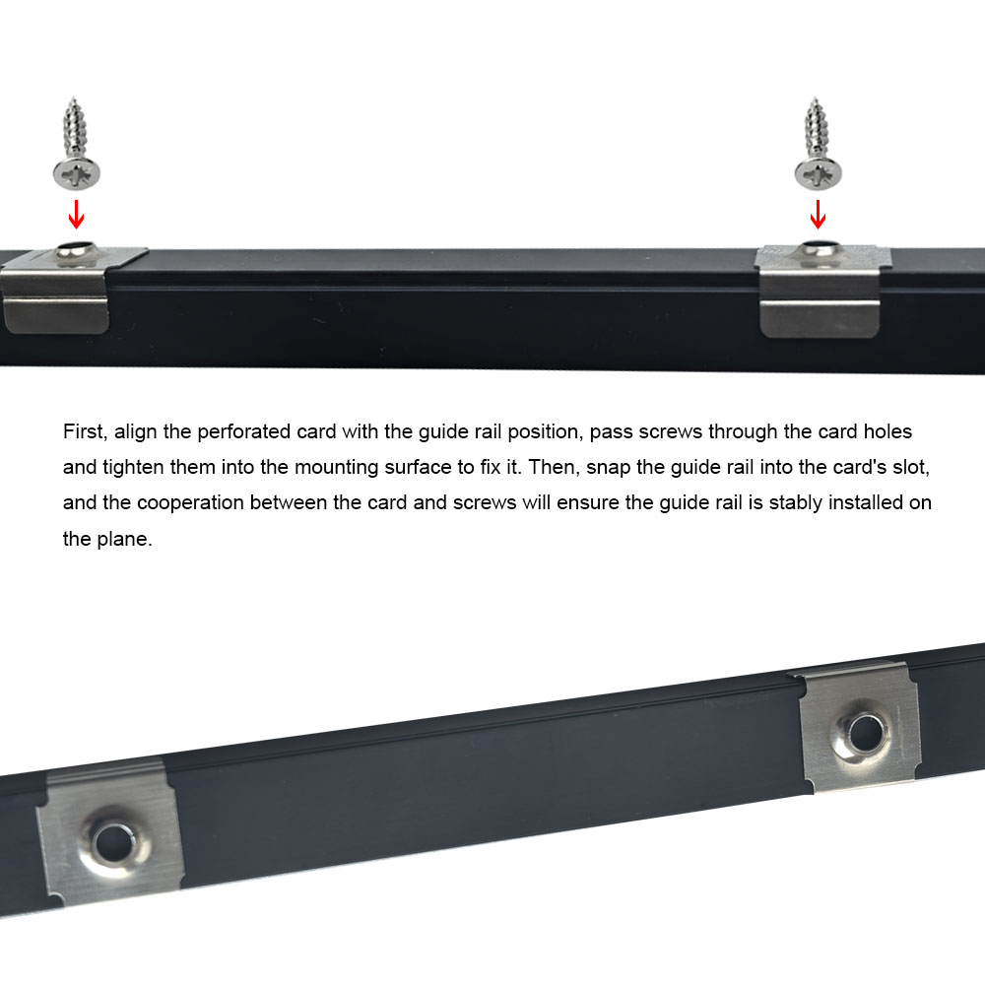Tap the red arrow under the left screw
tap(76, 214)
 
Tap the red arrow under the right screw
tap(818, 214)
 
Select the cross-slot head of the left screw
tap(77, 173)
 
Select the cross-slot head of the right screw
tap(818, 173)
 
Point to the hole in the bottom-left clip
tap(113, 842)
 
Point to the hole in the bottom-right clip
tap(865, 733)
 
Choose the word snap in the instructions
tap(608, 468)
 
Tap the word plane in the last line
tap(124, 539)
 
